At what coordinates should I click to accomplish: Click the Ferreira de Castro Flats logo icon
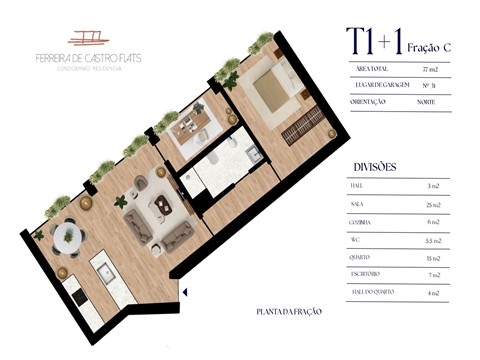[x=91, y=37]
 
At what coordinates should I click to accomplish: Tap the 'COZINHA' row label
[x=364, y=220]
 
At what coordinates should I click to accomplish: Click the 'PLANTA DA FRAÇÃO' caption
[x=290, y=312]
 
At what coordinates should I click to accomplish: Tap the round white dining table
[x=67, y=235]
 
